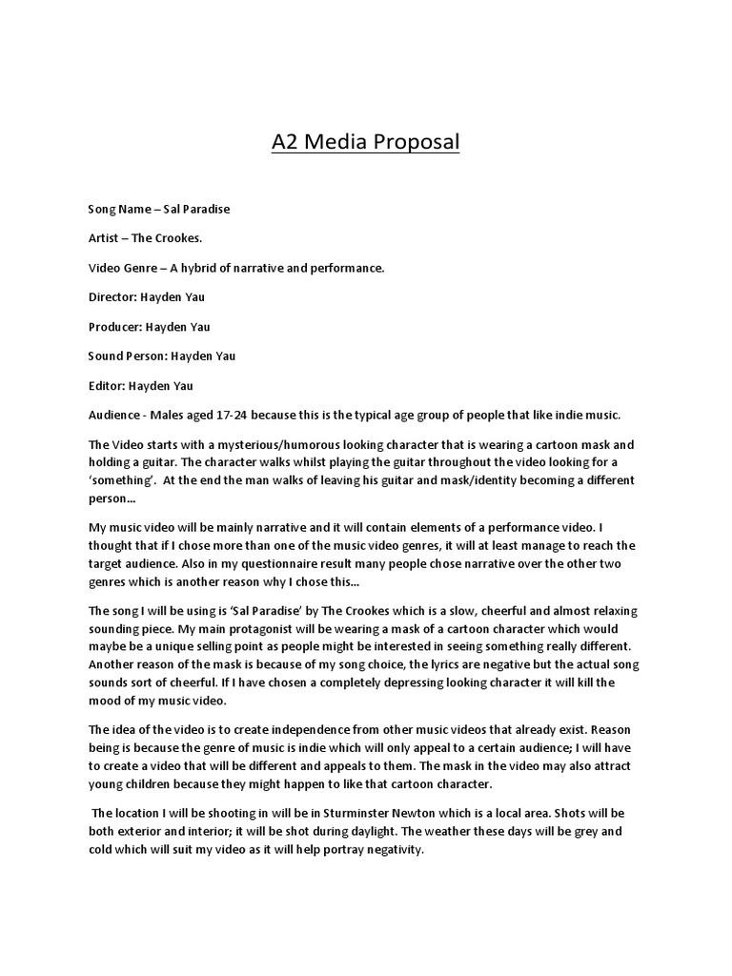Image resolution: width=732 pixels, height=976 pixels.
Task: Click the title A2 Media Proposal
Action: pos(365,142)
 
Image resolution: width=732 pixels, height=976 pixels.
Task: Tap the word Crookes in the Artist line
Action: pos(178,238)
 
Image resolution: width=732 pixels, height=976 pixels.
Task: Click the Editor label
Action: pos(109,386)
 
